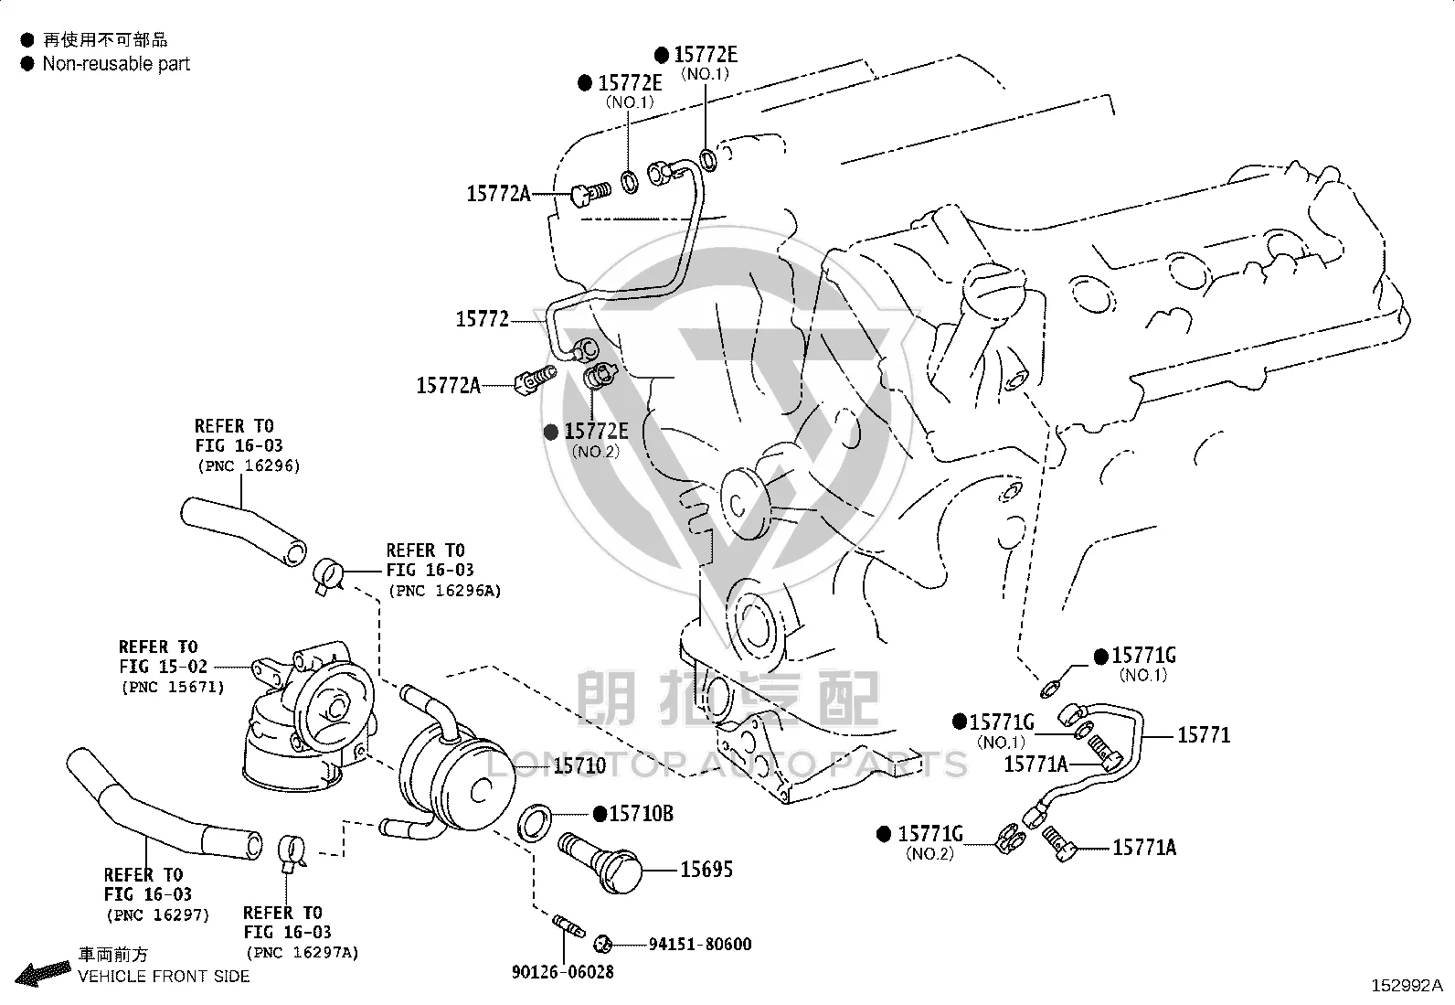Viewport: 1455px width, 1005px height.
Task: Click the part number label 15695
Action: (706, 869)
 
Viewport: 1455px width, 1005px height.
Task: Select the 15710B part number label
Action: (641, 813)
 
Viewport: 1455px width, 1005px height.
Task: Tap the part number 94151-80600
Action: (700, 944)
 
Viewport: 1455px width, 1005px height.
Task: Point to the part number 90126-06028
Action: (562, 972)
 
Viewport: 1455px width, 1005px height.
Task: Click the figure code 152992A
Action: (1407, 986)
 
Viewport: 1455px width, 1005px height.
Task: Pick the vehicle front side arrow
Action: (43, 973)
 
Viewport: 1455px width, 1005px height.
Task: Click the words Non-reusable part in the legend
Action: (116, 64)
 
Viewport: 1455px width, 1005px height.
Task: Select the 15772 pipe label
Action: (482, 319)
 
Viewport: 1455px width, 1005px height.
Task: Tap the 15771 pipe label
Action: (1204, 735)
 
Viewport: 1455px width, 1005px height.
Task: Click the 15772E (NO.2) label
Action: (596, 440)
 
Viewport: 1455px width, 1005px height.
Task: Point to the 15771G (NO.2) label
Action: (930, 842)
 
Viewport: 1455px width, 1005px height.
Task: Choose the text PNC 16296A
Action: (445, 590)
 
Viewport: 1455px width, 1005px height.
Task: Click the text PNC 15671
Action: (173, 687)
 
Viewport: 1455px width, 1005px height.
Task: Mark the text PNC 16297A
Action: (303, 952)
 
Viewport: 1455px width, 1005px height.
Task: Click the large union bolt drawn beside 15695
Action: (600, 861)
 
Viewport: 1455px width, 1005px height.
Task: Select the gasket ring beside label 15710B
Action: (535, 822)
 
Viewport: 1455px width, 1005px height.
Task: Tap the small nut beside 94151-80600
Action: (603, 943)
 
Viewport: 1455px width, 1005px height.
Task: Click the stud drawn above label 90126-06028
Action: (568, 925)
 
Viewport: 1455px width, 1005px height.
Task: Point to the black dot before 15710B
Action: (600, 814)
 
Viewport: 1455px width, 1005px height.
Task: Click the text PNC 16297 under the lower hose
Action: (158, 914)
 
